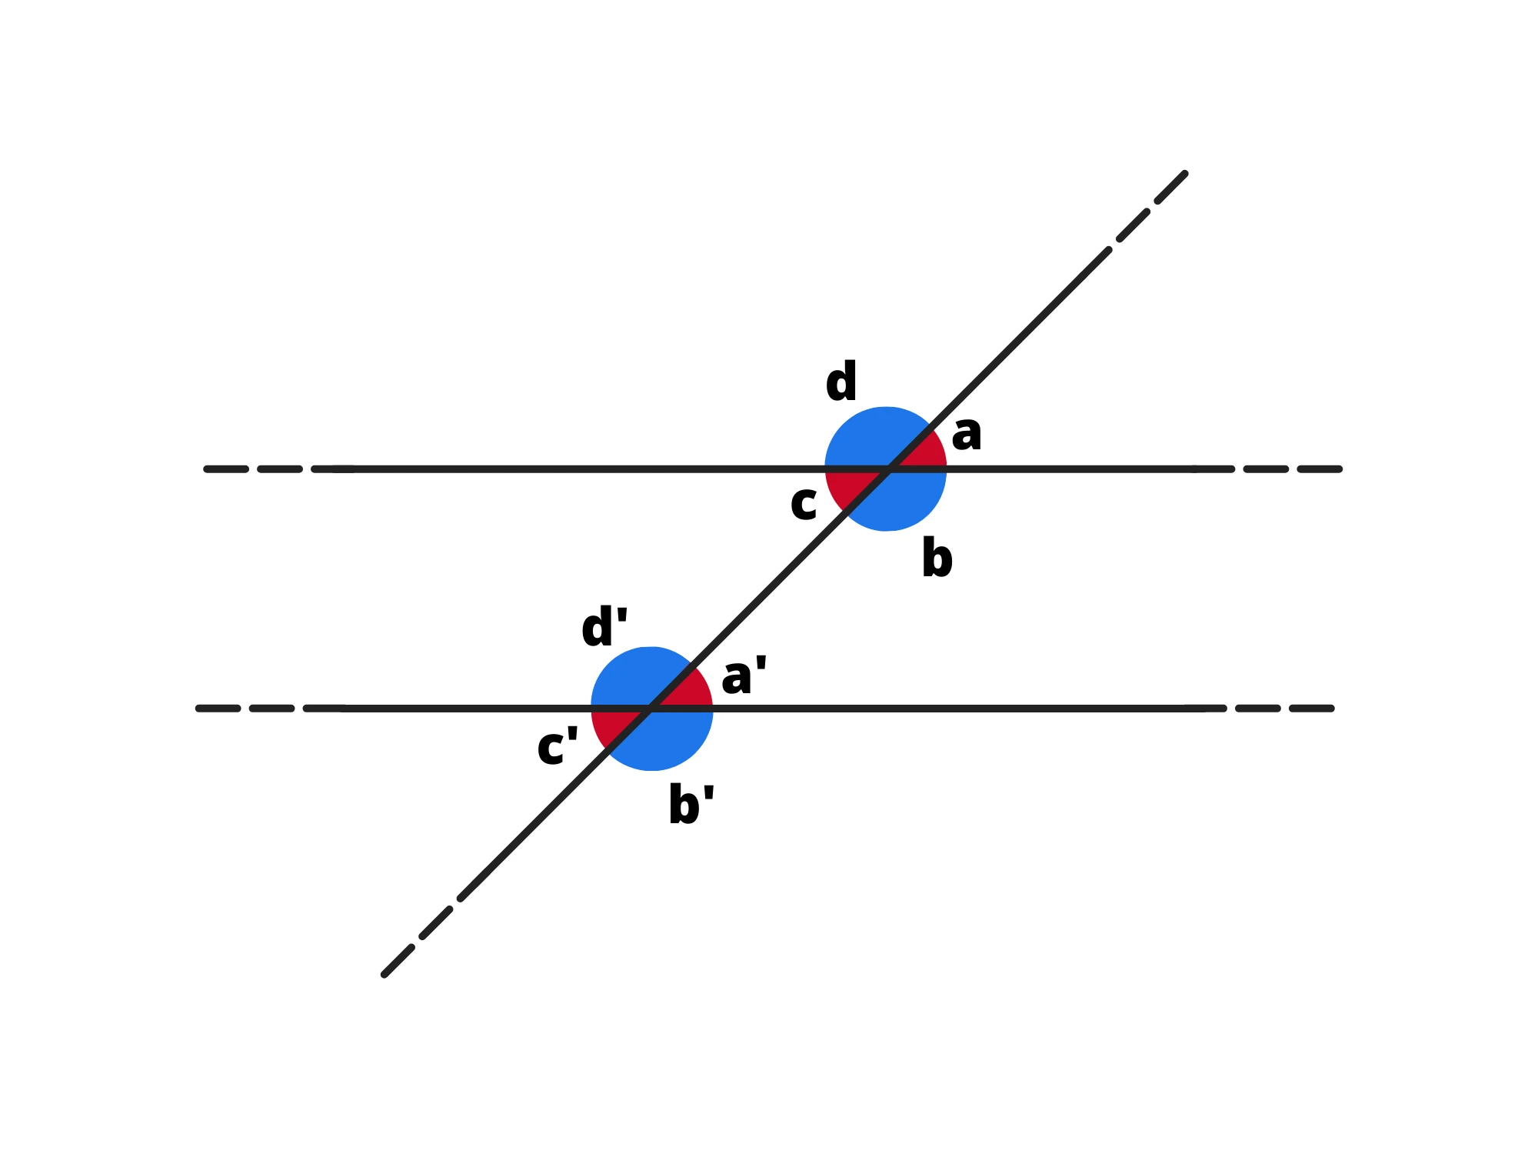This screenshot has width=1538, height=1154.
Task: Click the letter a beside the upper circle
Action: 967,434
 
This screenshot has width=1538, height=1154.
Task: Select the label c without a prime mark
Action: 804,505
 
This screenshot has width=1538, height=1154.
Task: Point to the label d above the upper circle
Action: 841,382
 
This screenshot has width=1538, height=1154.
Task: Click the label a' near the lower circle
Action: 744,676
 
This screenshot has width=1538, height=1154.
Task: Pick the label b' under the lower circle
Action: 691,805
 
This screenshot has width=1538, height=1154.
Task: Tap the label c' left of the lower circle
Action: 557,746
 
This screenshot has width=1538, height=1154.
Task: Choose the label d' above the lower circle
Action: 604,627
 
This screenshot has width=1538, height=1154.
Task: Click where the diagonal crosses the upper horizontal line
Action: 889,469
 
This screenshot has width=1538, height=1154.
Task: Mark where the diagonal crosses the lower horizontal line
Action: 651,709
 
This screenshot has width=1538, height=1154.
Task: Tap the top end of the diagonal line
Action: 1185,174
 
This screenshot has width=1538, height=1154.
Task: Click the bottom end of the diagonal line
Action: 384,975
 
